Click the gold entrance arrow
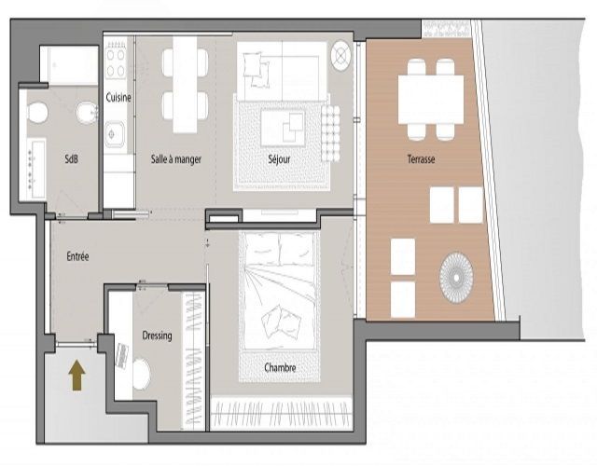(76, 375)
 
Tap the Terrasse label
(421, 159)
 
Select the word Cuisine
(118, 98)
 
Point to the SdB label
(71, 159)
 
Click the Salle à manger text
(176, 159)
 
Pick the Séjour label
(279, 159)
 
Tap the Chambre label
(280, 368)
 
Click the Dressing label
(157, 336)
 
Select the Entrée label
(77, 256)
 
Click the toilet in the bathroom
(37, 112)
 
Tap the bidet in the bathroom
(88, 112)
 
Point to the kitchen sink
(115, 134)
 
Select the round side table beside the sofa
(340, 56)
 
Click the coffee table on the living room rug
(283, 128)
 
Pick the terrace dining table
(431, 100)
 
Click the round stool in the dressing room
(141, 374)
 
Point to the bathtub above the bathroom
(69, 64)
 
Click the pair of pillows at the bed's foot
(281, 322)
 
